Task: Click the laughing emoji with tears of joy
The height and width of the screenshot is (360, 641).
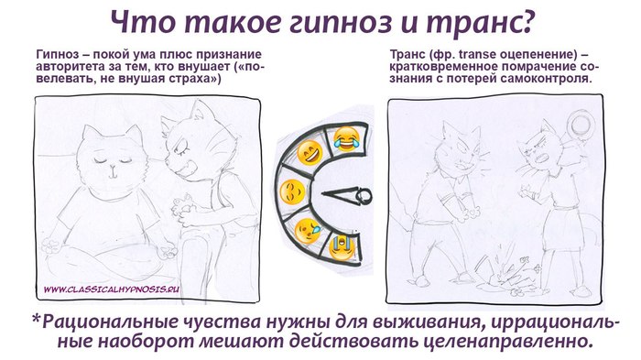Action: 346,139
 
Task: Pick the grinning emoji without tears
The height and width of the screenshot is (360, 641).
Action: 310,153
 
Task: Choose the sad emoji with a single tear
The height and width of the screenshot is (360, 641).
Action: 309,231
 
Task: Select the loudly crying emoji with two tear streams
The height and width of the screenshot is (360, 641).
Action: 342,247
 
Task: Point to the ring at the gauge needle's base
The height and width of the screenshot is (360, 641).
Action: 364,196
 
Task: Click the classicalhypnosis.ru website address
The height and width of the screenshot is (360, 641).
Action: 112,289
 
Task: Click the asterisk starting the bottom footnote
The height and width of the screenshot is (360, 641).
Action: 37,318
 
